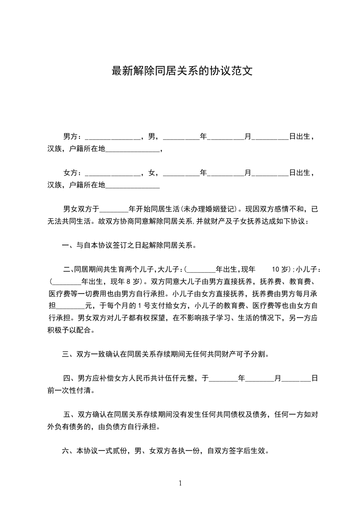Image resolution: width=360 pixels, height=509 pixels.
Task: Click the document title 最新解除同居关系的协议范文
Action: (182, 71)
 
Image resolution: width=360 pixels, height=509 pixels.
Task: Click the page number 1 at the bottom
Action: (180, 483)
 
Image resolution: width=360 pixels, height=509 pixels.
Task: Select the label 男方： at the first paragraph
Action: (73, 136)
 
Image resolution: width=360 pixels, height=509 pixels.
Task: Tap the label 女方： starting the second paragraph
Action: (73, 173)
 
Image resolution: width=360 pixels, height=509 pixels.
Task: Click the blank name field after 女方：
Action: (113, 173)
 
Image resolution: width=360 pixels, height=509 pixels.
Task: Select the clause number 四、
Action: (69, 378)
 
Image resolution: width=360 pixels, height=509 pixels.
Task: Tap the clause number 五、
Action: (69, 415)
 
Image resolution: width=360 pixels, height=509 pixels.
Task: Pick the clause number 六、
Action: (68, 451)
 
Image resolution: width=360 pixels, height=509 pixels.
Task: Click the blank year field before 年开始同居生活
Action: (114, 210)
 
